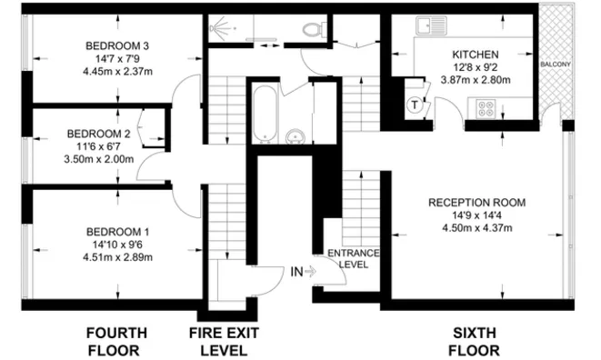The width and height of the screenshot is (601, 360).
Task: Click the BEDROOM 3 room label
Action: tap(117, 45)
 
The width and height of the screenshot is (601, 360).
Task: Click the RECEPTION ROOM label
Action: tap(477, 202)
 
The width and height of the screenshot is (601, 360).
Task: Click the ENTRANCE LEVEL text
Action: tap(347, 258)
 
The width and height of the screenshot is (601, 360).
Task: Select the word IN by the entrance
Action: tap(296, 271)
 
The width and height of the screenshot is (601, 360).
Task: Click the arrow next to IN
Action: tap(311, 271)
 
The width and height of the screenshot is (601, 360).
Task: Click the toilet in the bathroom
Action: tap(316, 29)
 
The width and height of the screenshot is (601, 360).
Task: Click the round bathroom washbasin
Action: tap(295, 139)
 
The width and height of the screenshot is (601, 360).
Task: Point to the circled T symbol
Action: tap(415, 105)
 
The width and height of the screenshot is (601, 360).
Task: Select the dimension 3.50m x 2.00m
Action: tap(99, 158)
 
